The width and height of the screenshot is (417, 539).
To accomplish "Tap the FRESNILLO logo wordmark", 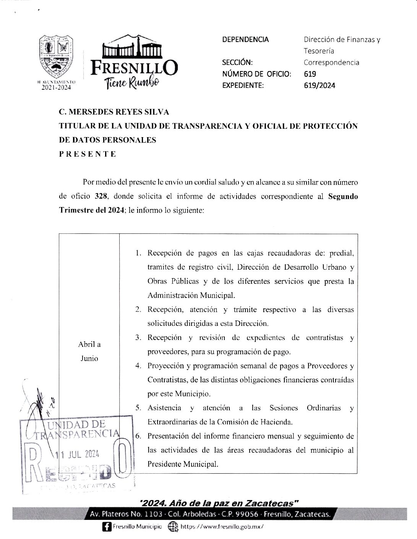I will click(x=134, y=69).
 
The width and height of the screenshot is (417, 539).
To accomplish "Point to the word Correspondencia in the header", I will click(x=331, y=62).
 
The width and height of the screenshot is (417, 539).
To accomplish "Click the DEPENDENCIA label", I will click(x=245, y=39).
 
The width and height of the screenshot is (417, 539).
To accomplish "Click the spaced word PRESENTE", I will click(x=87, y=154).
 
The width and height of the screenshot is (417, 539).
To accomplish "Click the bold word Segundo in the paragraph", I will click(x=343, y=196).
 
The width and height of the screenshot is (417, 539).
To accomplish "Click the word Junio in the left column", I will click(x=89, y=358).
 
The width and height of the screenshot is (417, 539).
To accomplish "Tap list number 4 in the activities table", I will click(x=138, y=366).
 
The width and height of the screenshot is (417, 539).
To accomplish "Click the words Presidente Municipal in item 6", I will click(x=183, y=464).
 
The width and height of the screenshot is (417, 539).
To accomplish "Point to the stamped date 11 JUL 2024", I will click(x=78, y=454).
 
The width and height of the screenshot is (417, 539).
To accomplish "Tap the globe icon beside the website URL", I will click(x=174, y=526).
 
